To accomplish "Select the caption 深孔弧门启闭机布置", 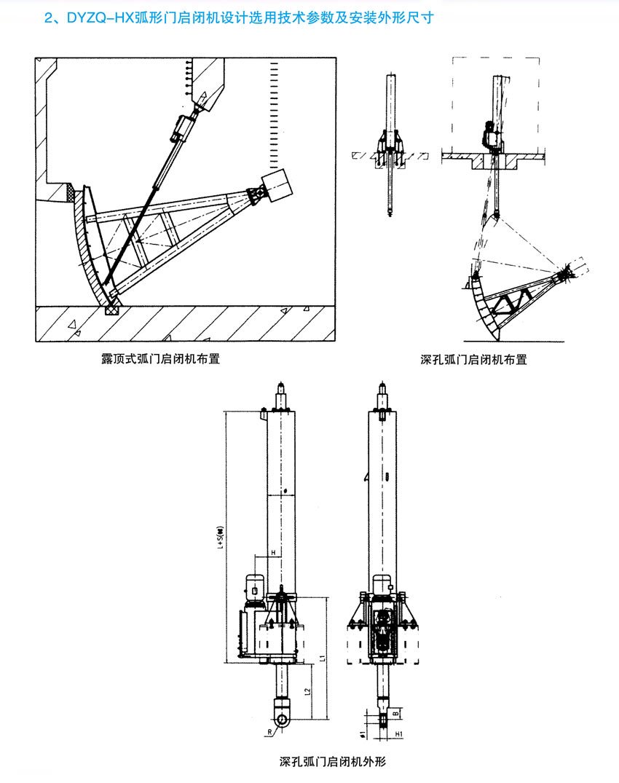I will coord(473,359).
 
